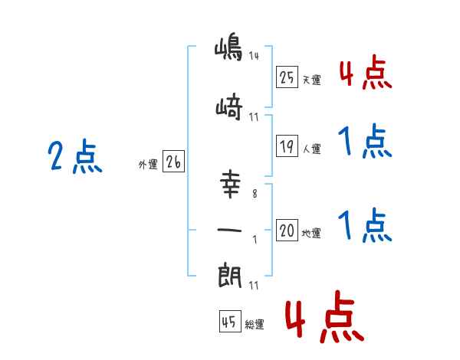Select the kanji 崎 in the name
(x=229, y=109)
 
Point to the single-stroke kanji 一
(x=229, y=229)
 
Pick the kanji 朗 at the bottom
(x=229, y=273)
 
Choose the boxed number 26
(x=174, y=162)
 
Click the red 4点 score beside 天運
(x=364, y=74)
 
